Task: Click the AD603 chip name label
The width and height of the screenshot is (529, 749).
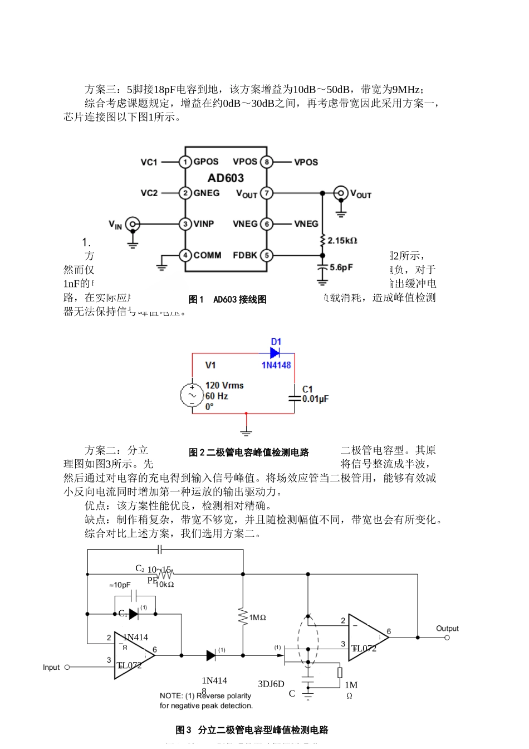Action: [x=226, y=178]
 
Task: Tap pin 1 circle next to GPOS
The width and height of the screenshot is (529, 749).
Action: [x=185, y=162]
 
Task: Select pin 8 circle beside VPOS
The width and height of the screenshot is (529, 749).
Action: [x=267, y=162]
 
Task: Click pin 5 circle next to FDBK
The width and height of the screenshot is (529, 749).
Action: [x=267, y=255]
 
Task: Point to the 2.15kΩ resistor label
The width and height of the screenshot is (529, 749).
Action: [x=342, y=241]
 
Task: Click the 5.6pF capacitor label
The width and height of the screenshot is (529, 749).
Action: [x=341, y=267]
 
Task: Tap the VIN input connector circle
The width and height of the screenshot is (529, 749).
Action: [x=133, y=225]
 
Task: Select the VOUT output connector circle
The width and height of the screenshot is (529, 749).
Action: [x=341, y=193]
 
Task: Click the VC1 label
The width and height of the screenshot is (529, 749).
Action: [x=149, y=162]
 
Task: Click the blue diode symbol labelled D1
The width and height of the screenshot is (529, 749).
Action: [x=275, y=353]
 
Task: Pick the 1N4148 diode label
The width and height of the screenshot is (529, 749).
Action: [x=276, y=365]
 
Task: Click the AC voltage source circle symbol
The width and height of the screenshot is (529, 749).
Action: [x=192, y=396]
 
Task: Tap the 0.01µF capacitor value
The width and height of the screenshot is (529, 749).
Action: [x=315, y=399]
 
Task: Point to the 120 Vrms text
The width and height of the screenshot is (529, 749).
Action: [x=224, y=385]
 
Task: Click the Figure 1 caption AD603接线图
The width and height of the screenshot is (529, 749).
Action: [x=228, y=299]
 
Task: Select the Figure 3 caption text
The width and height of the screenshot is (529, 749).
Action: [x=252, y=729]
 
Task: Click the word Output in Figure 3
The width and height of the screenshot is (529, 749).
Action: [x=447, y=629]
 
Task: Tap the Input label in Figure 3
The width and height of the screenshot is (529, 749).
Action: [x=51, y=667]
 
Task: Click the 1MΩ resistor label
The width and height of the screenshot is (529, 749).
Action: [x=257, y=617]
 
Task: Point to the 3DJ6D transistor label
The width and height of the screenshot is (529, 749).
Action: [x=271, y=684]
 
